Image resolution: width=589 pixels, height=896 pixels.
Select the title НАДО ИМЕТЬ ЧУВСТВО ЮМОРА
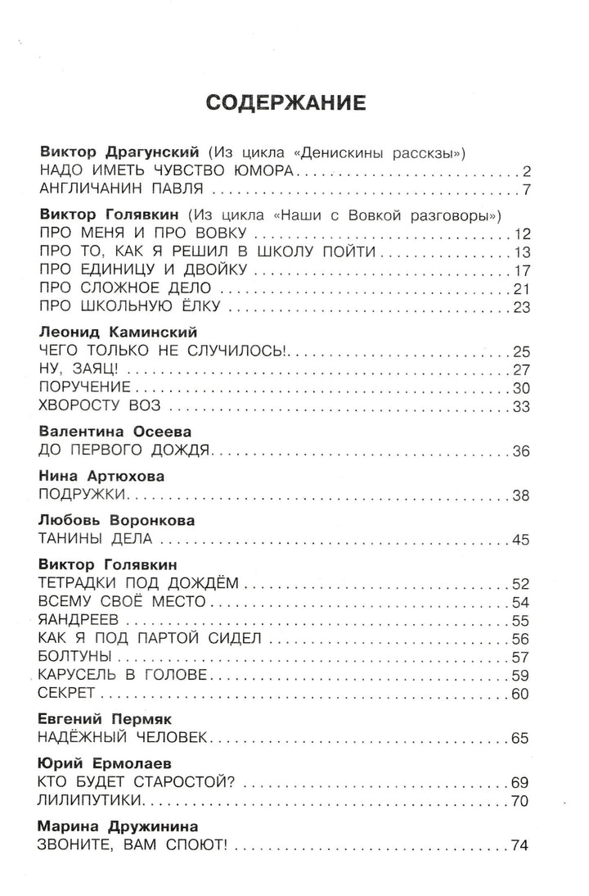pyautogui.click(x=167, y=171)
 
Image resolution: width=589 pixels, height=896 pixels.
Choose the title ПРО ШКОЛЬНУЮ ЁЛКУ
pyautogui.click(x=133, y=308)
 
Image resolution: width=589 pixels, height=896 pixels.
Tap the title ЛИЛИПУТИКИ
pyautogui.click(x=92, y=800)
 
